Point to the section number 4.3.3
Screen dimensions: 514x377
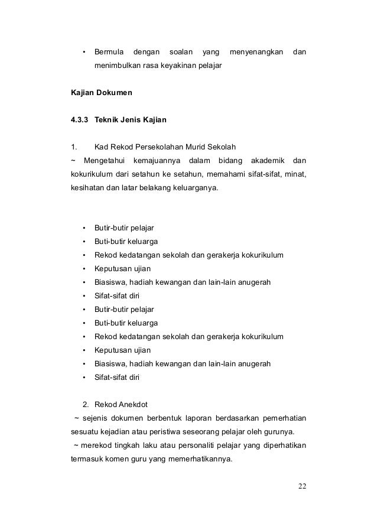click(79, 121)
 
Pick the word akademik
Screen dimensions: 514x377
click(268, 161)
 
